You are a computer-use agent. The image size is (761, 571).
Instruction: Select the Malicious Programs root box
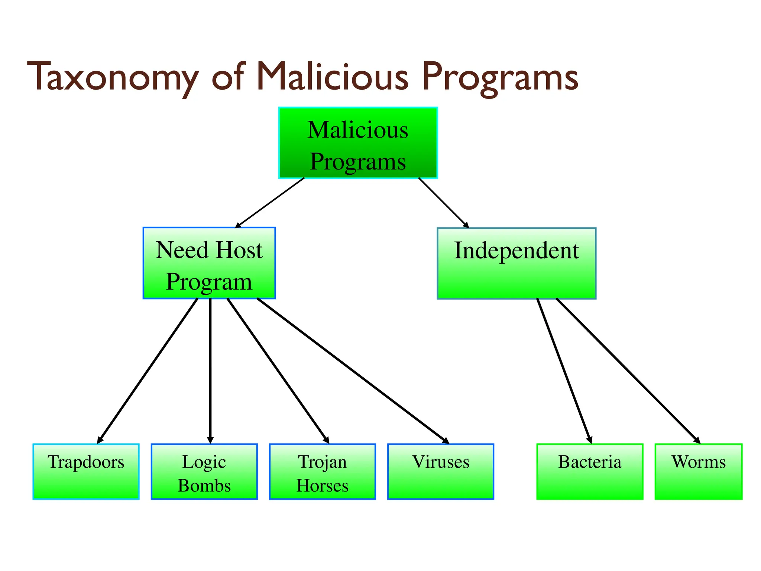pos(358,143)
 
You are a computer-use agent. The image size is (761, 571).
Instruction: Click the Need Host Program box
pos(209,263)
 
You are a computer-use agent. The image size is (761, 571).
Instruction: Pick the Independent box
pos(516,263)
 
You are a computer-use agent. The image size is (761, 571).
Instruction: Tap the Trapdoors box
pos(86,471)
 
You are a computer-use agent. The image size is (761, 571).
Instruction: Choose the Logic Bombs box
pos(204,471)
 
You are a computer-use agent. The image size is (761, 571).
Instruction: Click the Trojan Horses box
pos(322,471)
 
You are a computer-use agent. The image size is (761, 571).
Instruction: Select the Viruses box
pos(440,471)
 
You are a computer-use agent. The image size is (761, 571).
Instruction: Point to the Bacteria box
pos(590,471)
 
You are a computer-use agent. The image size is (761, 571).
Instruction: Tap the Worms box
pos(698,471)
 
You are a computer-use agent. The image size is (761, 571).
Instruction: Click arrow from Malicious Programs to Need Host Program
pos(270,203)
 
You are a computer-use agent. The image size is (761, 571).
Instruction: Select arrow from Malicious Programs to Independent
pos(443,203)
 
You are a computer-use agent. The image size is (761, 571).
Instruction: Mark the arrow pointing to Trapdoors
pos(148,371)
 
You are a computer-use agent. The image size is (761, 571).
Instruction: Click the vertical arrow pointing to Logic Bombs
pos(210,371)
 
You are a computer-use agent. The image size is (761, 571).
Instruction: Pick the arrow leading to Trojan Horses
pos(278,371)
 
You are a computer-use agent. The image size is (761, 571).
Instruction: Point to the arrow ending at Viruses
pos(353,371)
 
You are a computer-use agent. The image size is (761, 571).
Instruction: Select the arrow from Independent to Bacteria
pos(564,371)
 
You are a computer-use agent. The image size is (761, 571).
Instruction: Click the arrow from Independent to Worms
pos(628,371)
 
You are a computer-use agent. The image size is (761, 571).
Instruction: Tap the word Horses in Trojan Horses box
pos(322,486)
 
